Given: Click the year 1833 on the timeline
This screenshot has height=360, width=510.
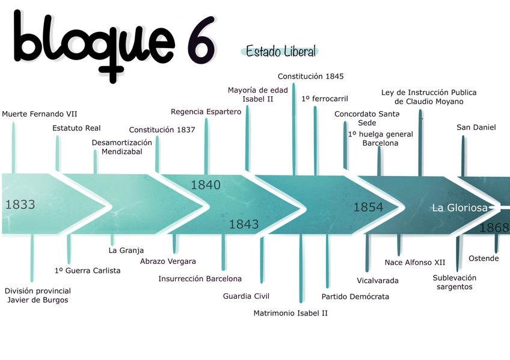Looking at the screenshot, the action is point(20,204).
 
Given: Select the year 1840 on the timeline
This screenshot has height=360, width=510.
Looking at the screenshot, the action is point(206,185).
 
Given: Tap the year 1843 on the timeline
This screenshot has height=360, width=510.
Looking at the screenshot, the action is point(244,224).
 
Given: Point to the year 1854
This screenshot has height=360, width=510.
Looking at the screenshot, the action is point(368,207).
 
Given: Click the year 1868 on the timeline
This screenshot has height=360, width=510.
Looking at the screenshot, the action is point(494,228).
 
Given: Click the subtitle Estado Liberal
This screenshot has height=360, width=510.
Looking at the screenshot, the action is point(281,52).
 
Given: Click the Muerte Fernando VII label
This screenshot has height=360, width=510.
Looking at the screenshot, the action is point(40,114).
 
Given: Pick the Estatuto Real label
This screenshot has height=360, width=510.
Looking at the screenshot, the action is point(76,128).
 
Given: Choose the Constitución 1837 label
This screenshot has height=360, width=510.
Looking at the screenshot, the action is point(162,130).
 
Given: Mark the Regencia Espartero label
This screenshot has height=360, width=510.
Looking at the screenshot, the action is point(206,112).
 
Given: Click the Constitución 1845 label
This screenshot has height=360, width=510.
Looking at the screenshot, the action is point(310,76).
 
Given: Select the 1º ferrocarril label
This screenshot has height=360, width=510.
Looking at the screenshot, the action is point(324,99).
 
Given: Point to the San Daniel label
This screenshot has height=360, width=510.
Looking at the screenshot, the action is point(476,127).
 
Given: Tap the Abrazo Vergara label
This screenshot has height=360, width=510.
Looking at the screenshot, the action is point(168,261).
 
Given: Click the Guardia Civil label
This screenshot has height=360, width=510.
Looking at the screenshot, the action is point(246,296).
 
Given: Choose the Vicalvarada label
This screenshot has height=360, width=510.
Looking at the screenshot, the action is point(378,281).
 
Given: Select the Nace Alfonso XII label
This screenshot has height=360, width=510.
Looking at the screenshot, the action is point(415,263).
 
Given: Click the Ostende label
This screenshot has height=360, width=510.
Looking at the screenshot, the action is point(484,258).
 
